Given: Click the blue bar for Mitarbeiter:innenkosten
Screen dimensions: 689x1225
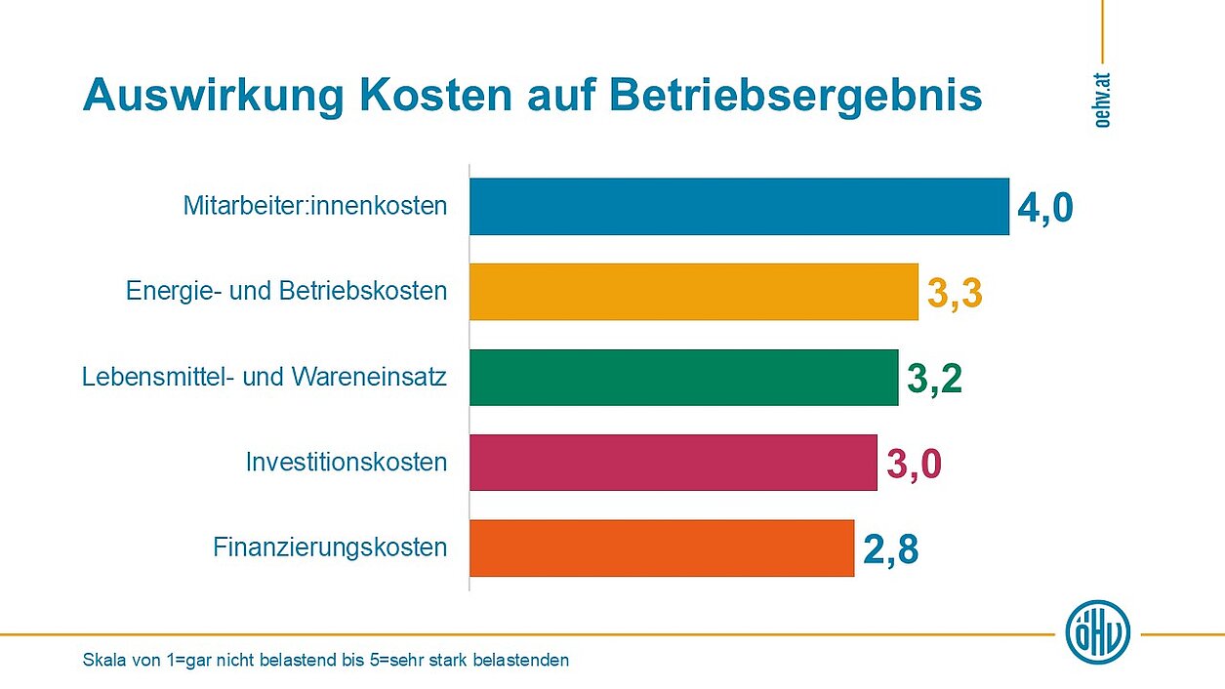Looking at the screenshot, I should click(x=739, y=207).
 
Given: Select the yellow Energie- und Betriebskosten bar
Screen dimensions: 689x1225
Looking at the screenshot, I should click(x=693, y=292).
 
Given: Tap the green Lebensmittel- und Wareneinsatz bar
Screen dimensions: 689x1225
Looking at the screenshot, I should click(x=683, y=377).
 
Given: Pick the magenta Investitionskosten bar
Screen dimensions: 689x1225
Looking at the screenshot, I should click(x=673, y=463).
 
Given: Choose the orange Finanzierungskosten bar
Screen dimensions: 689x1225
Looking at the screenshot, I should click(x=661, y=547).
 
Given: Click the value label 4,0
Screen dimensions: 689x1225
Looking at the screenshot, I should click(x=1044, y=208).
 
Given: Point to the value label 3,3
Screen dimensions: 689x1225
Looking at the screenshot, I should click(x=954, y=293).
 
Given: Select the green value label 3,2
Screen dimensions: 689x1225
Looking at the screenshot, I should click(x=934, y=379).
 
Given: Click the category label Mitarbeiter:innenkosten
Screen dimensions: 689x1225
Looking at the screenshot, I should click(x=314, y=207).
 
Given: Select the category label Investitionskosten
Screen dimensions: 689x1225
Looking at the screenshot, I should click(x=347, y=462).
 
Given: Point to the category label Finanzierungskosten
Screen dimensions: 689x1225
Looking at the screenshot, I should click(x=330, y=547).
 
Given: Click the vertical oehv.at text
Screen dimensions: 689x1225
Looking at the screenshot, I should click(x=1103, y=100).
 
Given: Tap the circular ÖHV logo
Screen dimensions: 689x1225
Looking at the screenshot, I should click(x=1098, y=632).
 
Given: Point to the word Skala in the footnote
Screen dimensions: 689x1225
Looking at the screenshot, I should click(x=103, y=661).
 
